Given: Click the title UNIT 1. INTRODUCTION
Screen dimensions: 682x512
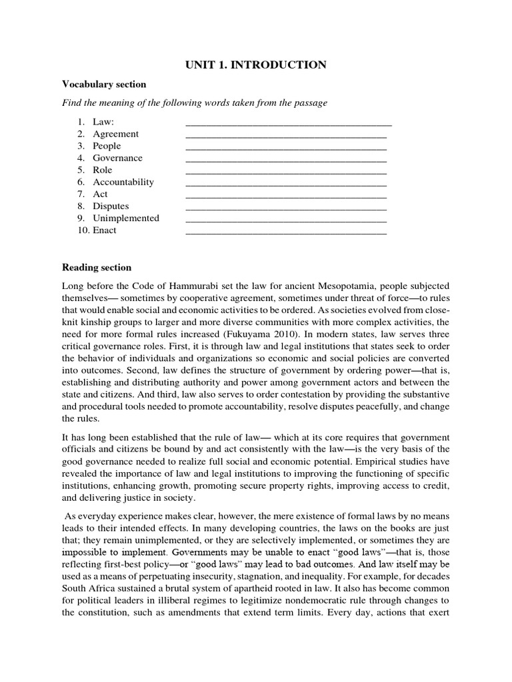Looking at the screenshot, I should pos(255,65).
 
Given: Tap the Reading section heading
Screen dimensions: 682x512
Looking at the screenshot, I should pos(97,267).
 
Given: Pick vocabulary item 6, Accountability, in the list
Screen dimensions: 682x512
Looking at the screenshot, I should pos(123,182).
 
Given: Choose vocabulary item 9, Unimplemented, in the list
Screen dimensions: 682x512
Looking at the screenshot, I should pos(125,218).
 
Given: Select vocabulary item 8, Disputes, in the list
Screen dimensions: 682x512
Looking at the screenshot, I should pos(111,206).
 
